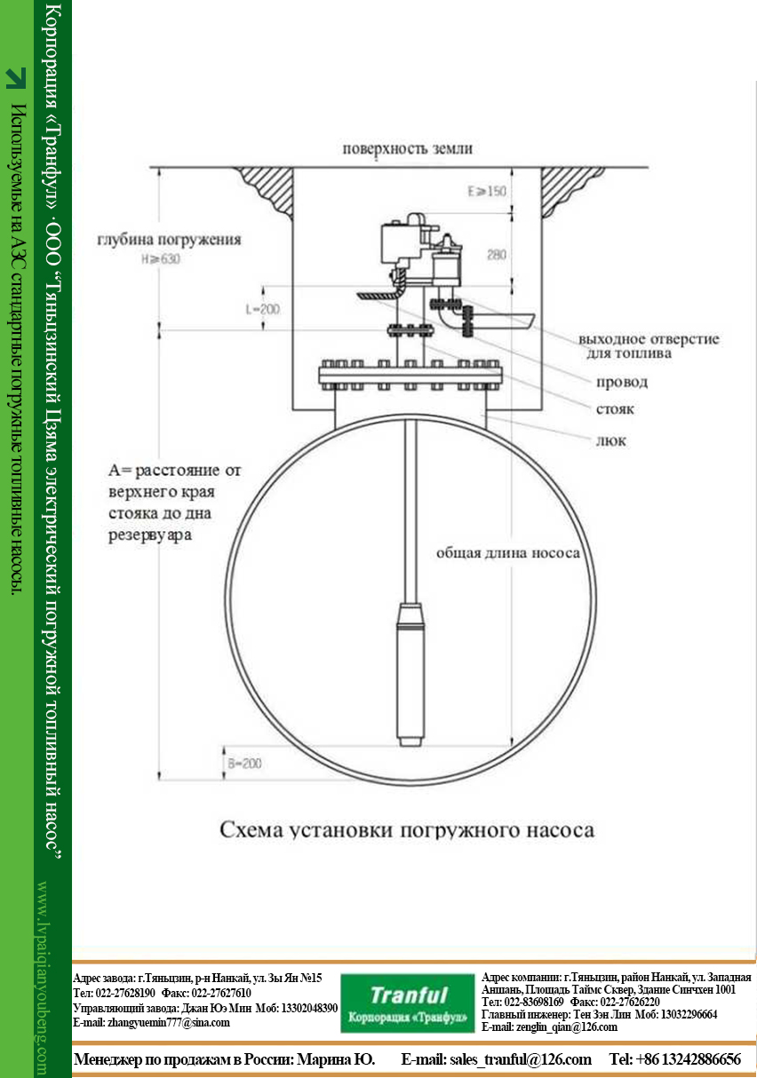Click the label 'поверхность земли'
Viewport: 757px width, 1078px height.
pos(408,149)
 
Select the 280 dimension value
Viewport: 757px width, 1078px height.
pos(496,255)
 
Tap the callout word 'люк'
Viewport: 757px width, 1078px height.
pos(610,440)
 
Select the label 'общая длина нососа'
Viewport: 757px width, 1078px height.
pos(507,553)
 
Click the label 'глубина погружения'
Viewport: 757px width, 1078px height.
pos(169,240)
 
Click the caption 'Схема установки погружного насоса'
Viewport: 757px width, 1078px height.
pos(407,830)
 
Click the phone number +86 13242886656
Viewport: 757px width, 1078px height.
pos(689,1059)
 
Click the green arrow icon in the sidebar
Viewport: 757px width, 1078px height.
pos(15,78)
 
